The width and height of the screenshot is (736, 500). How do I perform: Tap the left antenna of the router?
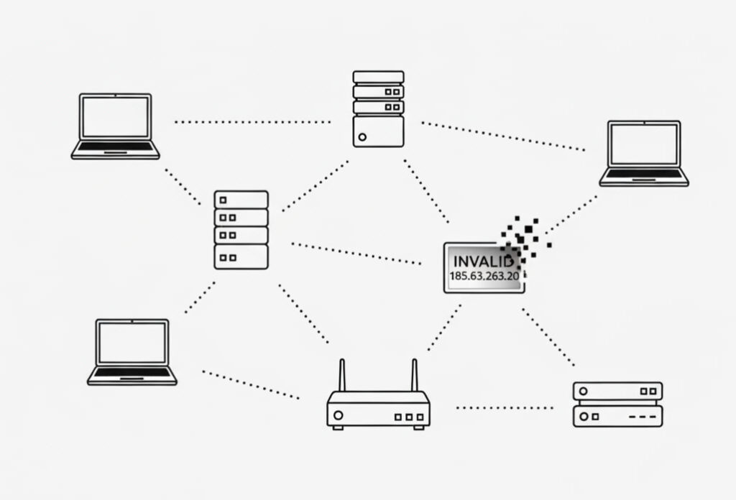pyautogui.click(x=342, y=375)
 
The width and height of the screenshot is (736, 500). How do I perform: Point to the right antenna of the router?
pyautogui.click(x=415, y=375)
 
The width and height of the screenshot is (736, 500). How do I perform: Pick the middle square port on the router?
pyautogui.click(x=409, y=416)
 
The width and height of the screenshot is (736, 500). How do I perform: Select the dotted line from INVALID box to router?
pyautogui.click(x=444, y=328)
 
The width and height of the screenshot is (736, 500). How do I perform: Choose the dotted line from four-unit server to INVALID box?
pyautogui.click(x=356, y=253)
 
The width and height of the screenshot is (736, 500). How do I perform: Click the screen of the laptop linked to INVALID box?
pyautogui.click(x=643, y=144)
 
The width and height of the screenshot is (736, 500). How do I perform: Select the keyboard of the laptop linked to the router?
pyautogui.click(x=132, y=372)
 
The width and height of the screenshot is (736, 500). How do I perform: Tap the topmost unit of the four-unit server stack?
pyautogui.click(x=241, y=199)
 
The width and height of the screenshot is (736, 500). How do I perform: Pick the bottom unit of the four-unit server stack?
pyautogui.click(x=241, y=256)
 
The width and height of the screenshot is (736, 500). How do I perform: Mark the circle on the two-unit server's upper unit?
pyautogui.click(x=584, y=392)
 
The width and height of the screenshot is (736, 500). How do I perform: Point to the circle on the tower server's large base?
pyautogui.click(x=362, y=136)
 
